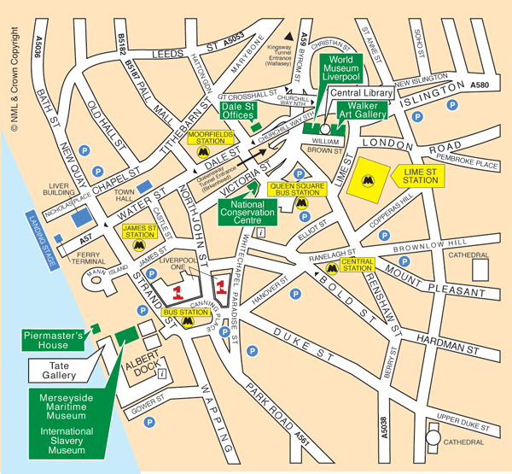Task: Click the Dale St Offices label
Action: coord(240,110)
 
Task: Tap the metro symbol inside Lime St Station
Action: coord(368,180)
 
